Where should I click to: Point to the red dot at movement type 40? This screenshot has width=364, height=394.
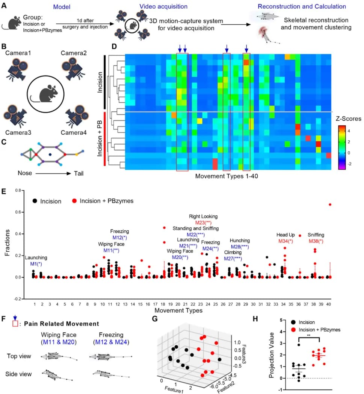(330, 204)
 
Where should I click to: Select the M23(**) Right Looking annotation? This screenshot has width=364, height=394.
(203, 222)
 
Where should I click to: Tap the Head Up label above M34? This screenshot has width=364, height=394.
(285, 234)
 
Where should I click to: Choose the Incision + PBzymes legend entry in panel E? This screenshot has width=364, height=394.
(104, 201)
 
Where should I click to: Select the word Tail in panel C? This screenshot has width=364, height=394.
(78, 174)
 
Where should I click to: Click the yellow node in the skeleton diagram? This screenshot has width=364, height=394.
(77, 154)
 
